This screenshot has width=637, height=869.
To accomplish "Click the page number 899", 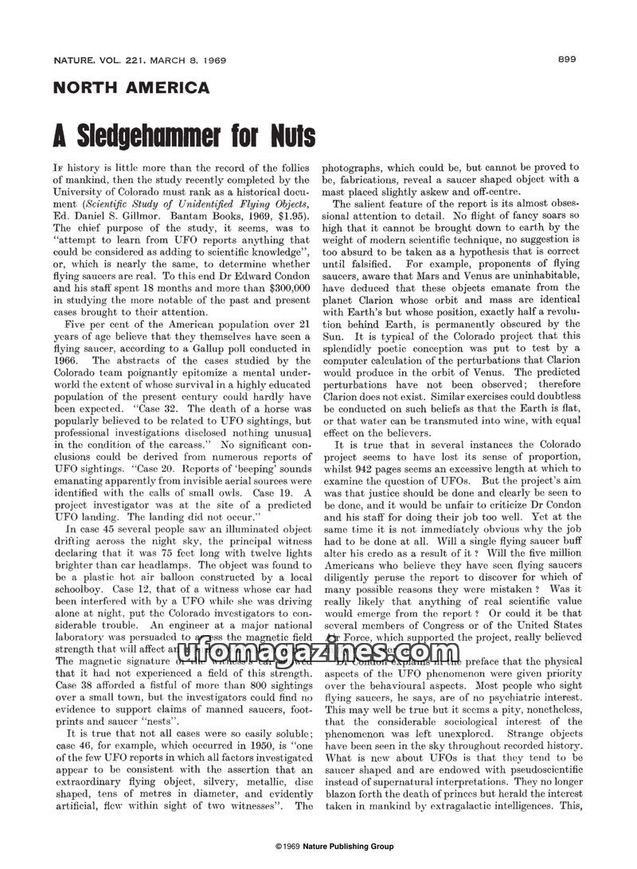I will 567,59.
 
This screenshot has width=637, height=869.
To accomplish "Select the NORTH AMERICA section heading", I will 131,88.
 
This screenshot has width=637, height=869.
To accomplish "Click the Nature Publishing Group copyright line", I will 334,848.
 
